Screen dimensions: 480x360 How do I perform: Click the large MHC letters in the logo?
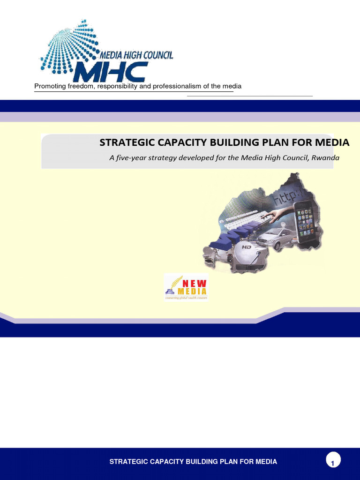tap(110, 72)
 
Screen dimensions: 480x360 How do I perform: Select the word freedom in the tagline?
tap(81, 86)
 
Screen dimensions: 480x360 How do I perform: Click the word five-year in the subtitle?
tap(131, 157)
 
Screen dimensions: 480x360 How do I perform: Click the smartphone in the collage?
tap(305, 219)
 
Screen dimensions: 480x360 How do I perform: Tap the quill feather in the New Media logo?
tap(174, 283)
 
